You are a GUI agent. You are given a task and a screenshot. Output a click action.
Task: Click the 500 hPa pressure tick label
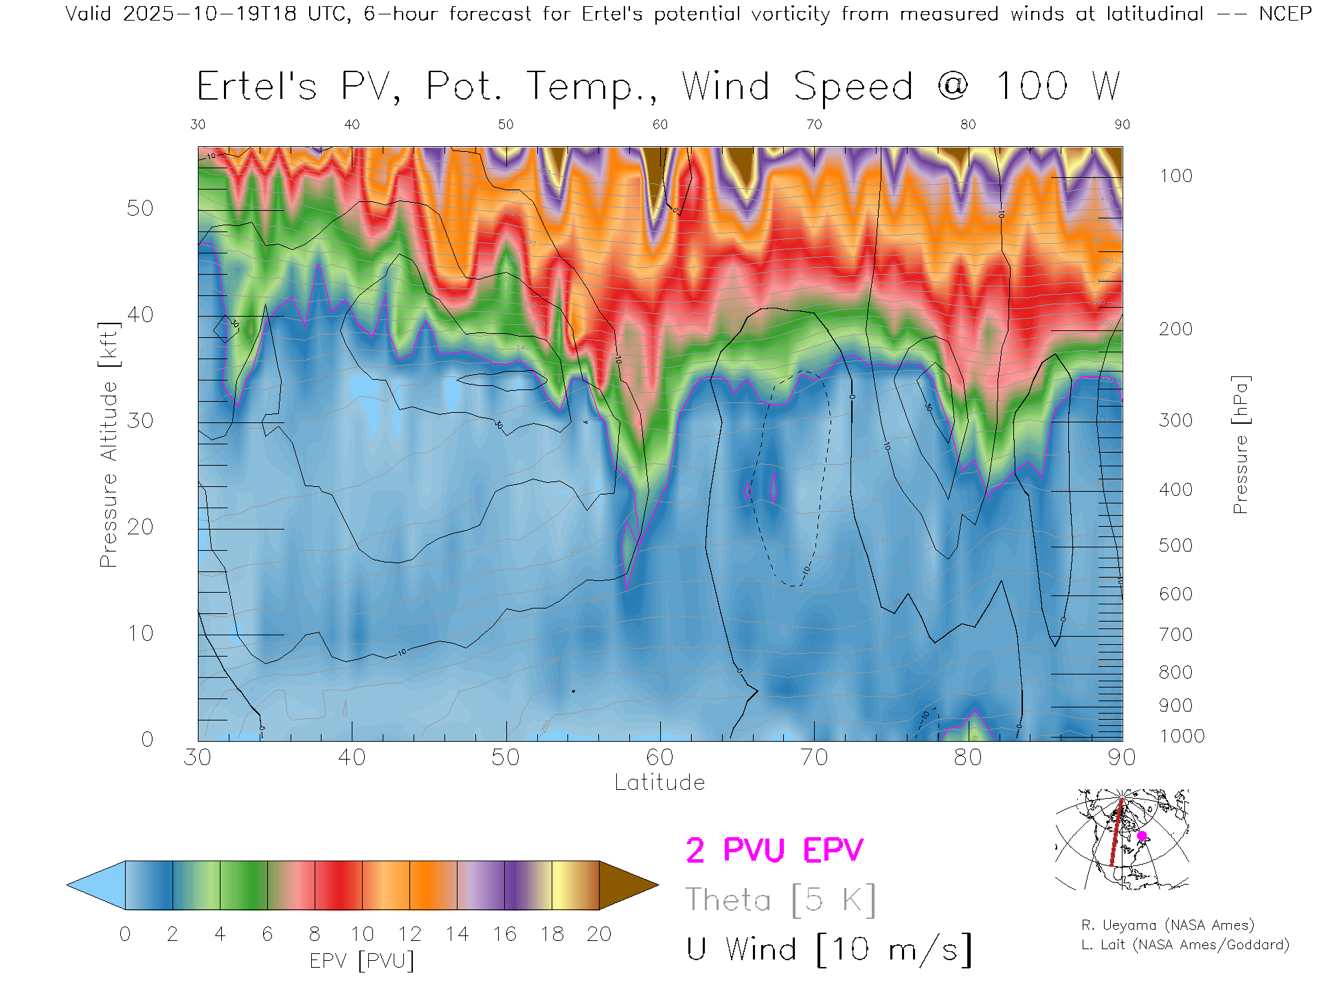tap(1175, 545)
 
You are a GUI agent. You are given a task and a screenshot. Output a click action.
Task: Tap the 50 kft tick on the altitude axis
tap(140, 209)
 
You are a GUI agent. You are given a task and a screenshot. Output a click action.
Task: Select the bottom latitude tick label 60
tap(659, 758)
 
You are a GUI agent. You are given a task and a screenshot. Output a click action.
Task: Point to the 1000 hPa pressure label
tap(1182, 736)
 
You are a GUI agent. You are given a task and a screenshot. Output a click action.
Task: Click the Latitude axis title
tap(659, 783)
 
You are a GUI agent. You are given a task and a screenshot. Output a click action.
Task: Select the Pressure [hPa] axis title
tap(1240, 444)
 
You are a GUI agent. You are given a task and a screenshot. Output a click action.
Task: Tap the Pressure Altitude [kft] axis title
tap(109, 444)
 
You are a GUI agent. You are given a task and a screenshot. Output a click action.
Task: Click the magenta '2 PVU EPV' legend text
tap(774, 850)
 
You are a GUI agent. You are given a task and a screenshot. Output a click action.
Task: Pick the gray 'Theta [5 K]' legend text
tap(780, 900)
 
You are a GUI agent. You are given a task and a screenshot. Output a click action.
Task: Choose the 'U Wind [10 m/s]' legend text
tap(828, 950)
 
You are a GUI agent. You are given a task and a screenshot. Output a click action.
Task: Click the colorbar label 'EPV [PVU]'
tap(362, 961)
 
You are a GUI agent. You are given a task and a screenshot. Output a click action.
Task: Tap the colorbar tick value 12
tap(409, 934)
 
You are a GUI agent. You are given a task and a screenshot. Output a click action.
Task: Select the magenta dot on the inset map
tap(1142, 836)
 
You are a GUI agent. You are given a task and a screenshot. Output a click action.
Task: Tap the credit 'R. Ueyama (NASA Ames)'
tap(1167, 925)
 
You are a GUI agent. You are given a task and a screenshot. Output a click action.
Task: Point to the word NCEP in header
tap(1285, 14)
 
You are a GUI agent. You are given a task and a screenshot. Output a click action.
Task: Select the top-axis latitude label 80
tap(968, 124)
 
